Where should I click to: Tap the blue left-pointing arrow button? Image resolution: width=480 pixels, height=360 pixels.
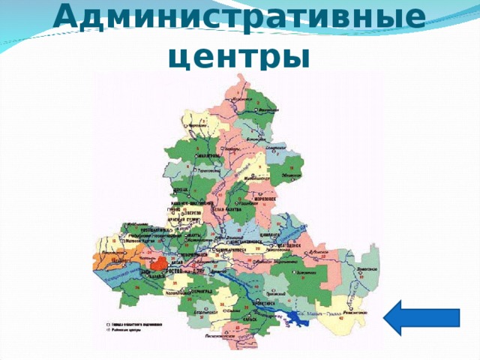pos(421,316)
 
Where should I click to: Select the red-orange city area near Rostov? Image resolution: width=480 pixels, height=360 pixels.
pos(158,265)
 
